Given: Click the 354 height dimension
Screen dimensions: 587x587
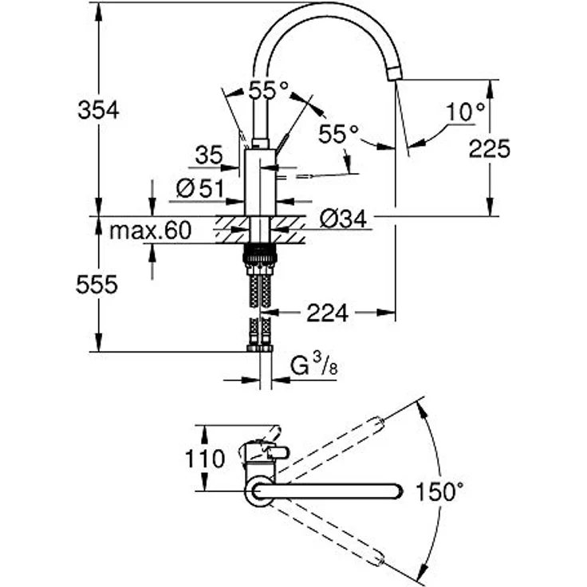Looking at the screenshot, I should pos(98,110).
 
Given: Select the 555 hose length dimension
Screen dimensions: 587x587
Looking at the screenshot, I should pos(98,284).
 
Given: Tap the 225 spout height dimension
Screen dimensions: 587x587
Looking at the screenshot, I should pos(488,148).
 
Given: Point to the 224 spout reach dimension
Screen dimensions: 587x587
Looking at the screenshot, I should pos(327,313).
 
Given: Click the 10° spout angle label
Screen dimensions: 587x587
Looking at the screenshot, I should pos(465,112).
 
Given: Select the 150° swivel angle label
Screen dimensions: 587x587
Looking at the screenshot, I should pos(439,491).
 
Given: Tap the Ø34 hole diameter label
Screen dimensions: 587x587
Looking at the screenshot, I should pos(345,218).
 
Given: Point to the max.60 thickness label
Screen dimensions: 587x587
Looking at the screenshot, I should pos(151,231).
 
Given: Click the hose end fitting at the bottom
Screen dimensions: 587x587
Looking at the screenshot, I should pos(259,348).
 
